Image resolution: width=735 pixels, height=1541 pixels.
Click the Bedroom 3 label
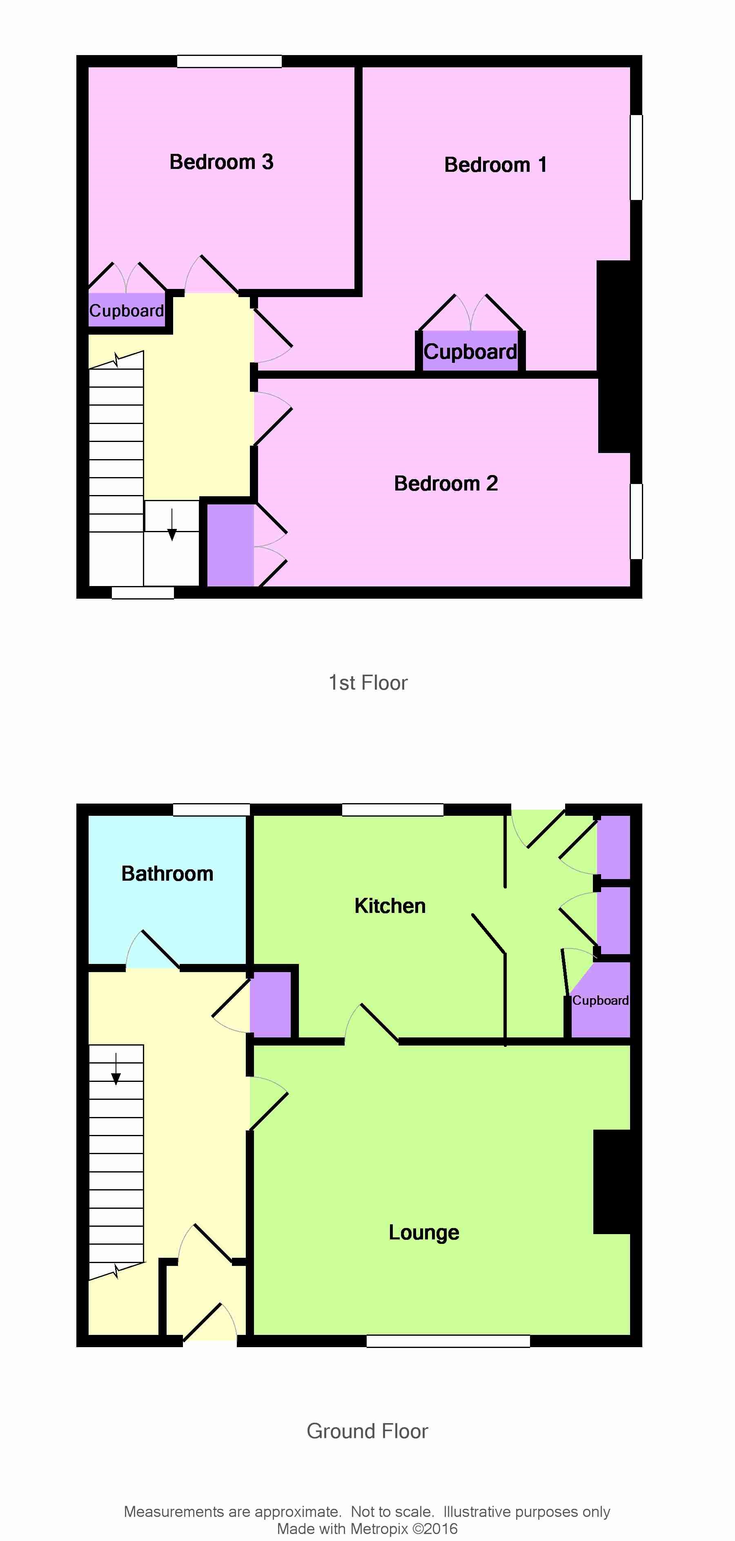[221, 162]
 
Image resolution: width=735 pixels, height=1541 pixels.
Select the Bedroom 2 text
[446, 483]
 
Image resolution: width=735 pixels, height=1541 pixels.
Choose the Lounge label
[424, 1232]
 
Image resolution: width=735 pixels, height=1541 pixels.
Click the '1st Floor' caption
[368, 683]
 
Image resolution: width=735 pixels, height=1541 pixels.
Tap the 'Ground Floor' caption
[367, 1431]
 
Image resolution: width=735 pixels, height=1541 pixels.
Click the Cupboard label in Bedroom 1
[470, 352]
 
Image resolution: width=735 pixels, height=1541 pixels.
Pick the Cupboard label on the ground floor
[600, 1000]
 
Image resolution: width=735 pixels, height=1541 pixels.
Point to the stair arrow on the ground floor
[116, 1068]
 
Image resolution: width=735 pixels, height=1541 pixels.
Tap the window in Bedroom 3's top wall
[229, 61]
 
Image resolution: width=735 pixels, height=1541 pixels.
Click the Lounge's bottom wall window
[448, 1341]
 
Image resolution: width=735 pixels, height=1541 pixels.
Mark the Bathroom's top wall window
[211, 809]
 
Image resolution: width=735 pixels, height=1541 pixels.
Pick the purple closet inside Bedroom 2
[230, 545]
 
